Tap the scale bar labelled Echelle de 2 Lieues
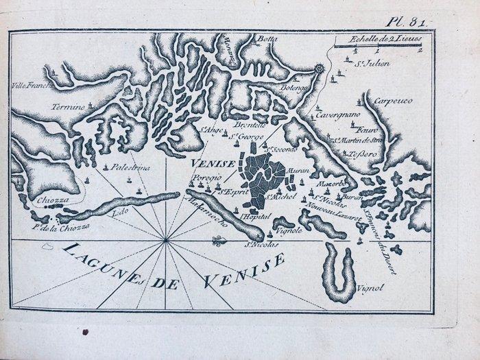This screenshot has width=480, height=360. [x=376, y=46]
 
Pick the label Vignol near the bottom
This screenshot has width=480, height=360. [x=370, y=289]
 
